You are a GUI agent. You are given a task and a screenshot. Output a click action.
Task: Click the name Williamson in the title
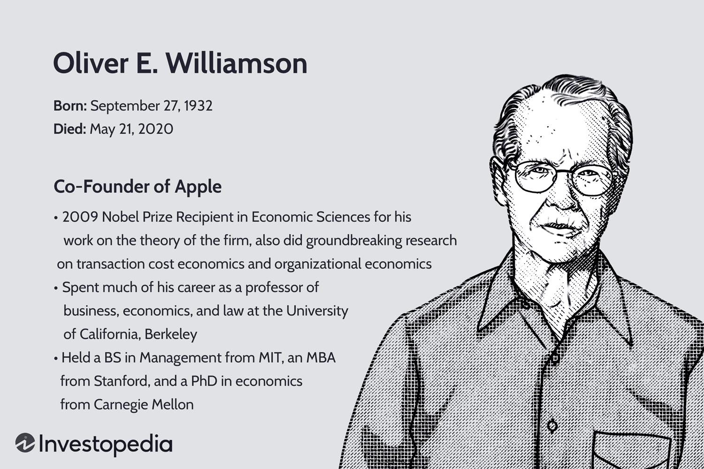(x=237, y=63)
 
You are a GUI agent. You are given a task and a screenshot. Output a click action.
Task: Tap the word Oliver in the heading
(x=91, y=63)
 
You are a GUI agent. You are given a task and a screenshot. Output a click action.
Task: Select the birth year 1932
(x=198, y=106)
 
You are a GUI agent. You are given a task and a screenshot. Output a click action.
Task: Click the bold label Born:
(x=70, y=106)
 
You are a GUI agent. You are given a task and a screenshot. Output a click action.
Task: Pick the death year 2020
(x=155, y=129)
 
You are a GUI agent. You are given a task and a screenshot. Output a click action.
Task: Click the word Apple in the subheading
(x=198, y=187)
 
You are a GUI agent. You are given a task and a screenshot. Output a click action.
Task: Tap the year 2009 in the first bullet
(x=80, y=217)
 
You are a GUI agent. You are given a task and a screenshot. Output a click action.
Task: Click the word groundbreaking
(x=354, y=241)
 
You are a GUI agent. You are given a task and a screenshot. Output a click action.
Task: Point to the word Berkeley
(x=171, y=334)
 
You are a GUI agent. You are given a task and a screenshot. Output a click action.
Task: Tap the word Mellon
(x=173, y=405)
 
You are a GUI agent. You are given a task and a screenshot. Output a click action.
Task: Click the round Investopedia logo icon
(x=25, y=443)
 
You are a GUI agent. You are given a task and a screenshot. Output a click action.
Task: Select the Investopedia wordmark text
(x=106, y=444)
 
